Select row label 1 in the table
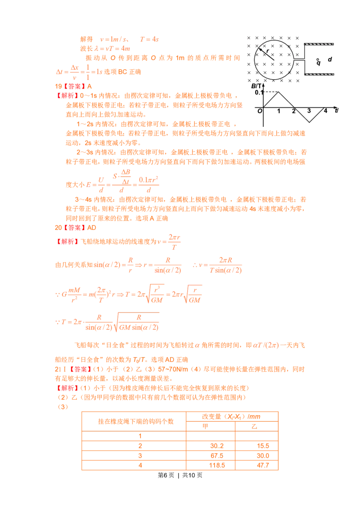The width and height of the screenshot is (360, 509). pos(140,435)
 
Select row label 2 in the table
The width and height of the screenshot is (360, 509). pos(140,446)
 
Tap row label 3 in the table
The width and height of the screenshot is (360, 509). pos(140,455)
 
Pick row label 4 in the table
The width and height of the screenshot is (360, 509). pos(140,465)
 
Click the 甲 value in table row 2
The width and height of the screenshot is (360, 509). pos(217,446)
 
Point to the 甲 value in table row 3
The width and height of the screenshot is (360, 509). pos(217,455)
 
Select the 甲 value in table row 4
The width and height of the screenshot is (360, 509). pos(217,465)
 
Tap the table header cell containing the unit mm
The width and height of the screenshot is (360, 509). pos(234,417)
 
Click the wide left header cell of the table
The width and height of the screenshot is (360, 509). pos(134,421)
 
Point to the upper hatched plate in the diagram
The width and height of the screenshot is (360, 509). pos(319,45)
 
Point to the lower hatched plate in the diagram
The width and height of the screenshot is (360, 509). pos(319,73)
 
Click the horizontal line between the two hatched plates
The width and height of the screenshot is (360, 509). pos(299,59)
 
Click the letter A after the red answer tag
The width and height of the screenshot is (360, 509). pos(90,86)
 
